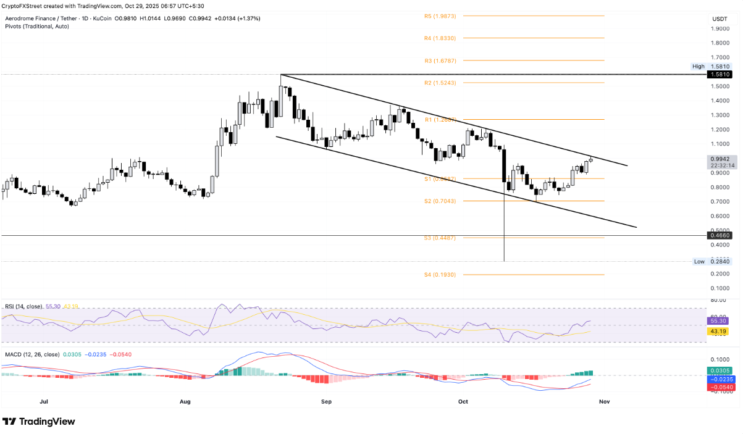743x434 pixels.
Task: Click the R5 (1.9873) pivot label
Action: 440,16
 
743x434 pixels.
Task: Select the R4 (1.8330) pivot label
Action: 440,38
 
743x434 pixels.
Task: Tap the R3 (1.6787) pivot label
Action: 440,61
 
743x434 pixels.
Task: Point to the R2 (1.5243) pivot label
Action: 440,83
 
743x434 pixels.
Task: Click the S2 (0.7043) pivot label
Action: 440,201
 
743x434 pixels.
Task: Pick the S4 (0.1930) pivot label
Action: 440,275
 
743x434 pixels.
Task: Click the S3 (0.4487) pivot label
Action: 440,238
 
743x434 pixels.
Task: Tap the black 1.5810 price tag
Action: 720,74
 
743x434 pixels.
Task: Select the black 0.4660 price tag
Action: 720,235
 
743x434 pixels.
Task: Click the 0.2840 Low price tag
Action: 720,261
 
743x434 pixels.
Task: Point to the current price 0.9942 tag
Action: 720,159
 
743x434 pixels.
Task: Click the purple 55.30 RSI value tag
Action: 720,321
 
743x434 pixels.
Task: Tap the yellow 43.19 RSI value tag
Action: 720,332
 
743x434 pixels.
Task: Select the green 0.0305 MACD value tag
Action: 720,371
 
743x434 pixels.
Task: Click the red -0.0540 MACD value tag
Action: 720,387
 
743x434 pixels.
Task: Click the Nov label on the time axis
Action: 604,401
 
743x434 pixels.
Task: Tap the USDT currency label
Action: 720,19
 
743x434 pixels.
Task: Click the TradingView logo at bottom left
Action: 38,422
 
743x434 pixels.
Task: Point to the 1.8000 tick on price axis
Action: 720,43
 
